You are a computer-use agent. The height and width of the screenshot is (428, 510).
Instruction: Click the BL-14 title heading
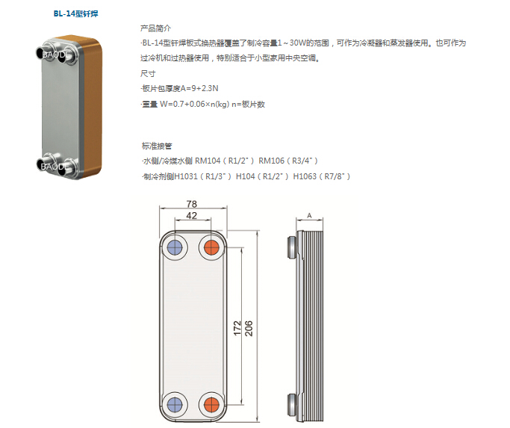[x=75, y=13]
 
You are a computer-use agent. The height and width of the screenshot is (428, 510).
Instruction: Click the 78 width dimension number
[x=192, y=204]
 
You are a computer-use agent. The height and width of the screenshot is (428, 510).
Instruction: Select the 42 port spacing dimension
[x=192, y=215]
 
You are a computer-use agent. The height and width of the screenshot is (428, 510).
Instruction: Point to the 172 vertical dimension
[x=237, y=328]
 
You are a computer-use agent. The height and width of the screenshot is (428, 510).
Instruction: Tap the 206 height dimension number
[x=249, y=328]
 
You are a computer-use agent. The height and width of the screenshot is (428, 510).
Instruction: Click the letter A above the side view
[x=309, y=215]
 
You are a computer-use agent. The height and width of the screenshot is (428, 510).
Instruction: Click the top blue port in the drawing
[x=175, y=248]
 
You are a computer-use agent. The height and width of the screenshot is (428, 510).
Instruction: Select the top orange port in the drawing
[x=212, y=248]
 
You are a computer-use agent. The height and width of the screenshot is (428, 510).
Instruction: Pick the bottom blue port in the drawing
[x=175, y=405]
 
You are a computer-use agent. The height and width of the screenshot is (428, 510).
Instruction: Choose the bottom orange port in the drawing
[x=212, y=405]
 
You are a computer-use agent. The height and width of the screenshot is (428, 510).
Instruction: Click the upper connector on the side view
[x=292, y=248]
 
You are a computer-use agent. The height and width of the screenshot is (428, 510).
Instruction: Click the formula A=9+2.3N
[x=199, y=89]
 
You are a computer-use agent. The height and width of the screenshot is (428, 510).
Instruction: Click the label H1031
[x=186, y=176]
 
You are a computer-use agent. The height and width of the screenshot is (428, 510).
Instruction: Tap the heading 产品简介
[x=155, y=28]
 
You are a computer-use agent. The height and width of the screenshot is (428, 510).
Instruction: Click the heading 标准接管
[x=157, y=146]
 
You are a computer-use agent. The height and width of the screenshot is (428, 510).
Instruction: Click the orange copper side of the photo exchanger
[x=93, y=108]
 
